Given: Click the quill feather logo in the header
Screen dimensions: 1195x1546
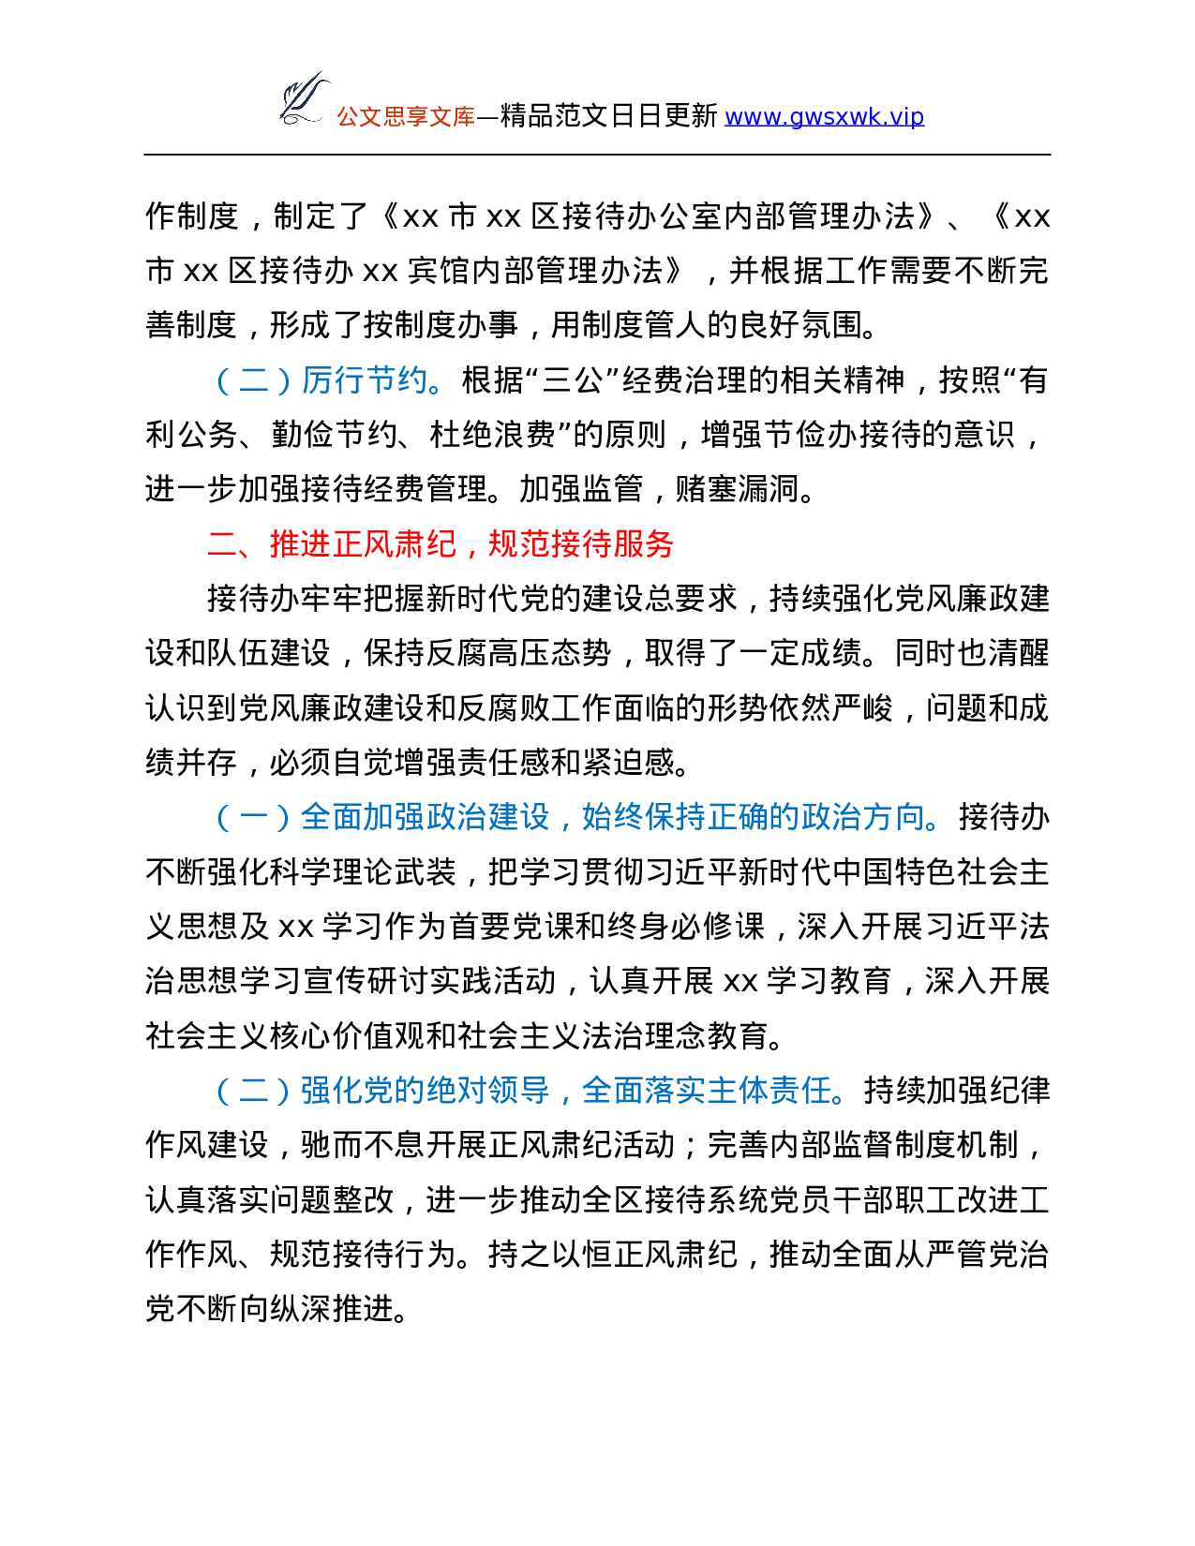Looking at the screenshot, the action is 306,99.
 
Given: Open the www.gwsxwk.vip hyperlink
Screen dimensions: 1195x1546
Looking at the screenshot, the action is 824,116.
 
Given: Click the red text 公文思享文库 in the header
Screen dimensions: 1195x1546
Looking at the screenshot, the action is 406,117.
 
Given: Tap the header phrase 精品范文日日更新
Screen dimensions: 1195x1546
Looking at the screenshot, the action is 608,116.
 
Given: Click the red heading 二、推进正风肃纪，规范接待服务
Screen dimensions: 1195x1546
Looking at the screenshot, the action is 441,544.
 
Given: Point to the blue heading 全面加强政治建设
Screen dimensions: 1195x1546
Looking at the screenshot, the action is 425,817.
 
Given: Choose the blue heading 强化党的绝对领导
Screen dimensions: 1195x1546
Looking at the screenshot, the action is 425,1091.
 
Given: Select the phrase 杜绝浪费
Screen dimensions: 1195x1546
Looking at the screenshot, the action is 492,435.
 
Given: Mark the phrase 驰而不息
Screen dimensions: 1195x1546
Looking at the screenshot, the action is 363,1146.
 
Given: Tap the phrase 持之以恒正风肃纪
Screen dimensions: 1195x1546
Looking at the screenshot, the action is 612,1255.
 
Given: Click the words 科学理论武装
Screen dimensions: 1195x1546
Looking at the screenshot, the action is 363,872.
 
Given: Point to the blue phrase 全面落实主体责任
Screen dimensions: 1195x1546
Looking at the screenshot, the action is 707,1091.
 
